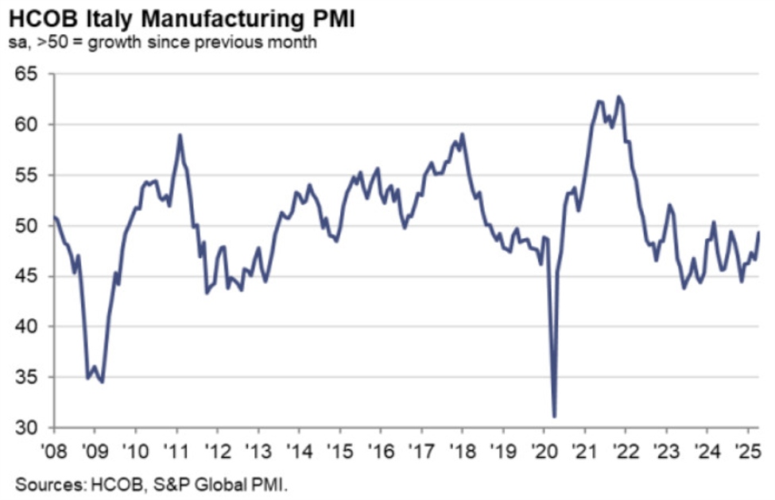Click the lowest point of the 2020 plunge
(554, 416)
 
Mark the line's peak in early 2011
(180, 135)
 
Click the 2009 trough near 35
(103, 382)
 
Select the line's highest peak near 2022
(619, 97)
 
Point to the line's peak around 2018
(463, 134)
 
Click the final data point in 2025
(759, 232)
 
